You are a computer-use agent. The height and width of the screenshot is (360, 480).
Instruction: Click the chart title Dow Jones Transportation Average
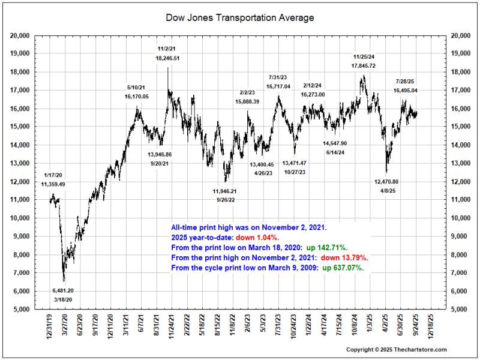[x=239, y=18]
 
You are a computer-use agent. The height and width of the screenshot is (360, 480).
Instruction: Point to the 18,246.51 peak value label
[x=168, y=58]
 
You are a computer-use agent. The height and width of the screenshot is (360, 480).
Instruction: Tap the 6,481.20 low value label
[x=62, y=290]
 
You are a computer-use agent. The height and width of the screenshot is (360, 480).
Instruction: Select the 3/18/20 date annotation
[x=62, y=298]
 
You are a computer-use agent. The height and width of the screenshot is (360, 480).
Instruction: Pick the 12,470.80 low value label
[x=386, y=181]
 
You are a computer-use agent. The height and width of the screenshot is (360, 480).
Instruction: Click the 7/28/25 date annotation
[x=406, y=81]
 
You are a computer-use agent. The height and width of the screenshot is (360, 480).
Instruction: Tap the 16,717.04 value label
[x=278, y=86]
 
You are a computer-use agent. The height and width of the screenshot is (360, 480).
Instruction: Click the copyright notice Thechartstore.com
[x=397, y=349]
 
